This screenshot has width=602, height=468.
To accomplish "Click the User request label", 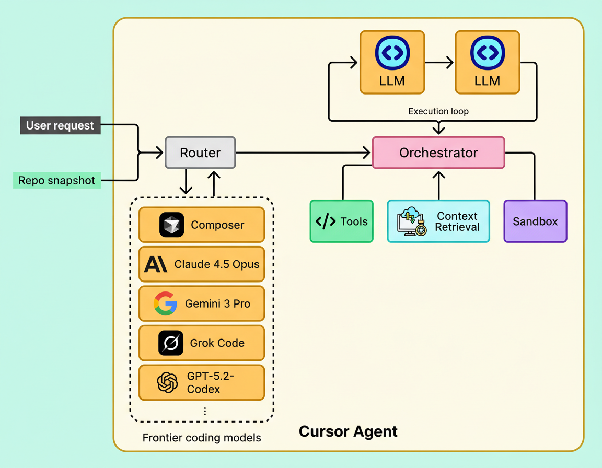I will pyautogui.click(x=60, y=126).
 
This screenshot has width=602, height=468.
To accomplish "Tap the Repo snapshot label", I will pyautogui.click(x=57, y=181).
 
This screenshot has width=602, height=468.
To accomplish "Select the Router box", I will pyautogui.click(x=200, y=153).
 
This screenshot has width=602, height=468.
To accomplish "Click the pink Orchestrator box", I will pyautogui.click(x=438, y=153).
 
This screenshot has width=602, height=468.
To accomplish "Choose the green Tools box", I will pyautogui.click(x=341, y=221).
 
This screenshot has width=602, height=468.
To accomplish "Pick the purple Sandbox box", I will pyautogui.click(x=535, y=221).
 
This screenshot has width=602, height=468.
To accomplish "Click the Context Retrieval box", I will pyautogui.click(x=438, y=221).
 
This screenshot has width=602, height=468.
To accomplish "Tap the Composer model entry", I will pyautogui.click(x=202, y=225).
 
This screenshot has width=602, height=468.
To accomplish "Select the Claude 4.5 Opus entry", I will pyautogui.click(x=202, y=264).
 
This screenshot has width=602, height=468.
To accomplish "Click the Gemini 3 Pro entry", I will pyautogui.click(x=202, y=303).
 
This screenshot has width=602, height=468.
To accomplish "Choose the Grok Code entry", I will pyautogui.click(x=202, y=343).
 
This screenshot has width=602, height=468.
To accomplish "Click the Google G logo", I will pyautogui.click(x=165, y=303).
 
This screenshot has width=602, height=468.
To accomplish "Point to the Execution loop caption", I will pyautogui.click(x=438, y=111).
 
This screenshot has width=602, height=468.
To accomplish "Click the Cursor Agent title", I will pyautogui.click(x=348, y=432).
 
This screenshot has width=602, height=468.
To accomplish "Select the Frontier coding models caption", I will pyautogui.click(x=202, y=438).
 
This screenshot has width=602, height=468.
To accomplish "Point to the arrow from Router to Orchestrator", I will pyautogui.click(x=303, y=153).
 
